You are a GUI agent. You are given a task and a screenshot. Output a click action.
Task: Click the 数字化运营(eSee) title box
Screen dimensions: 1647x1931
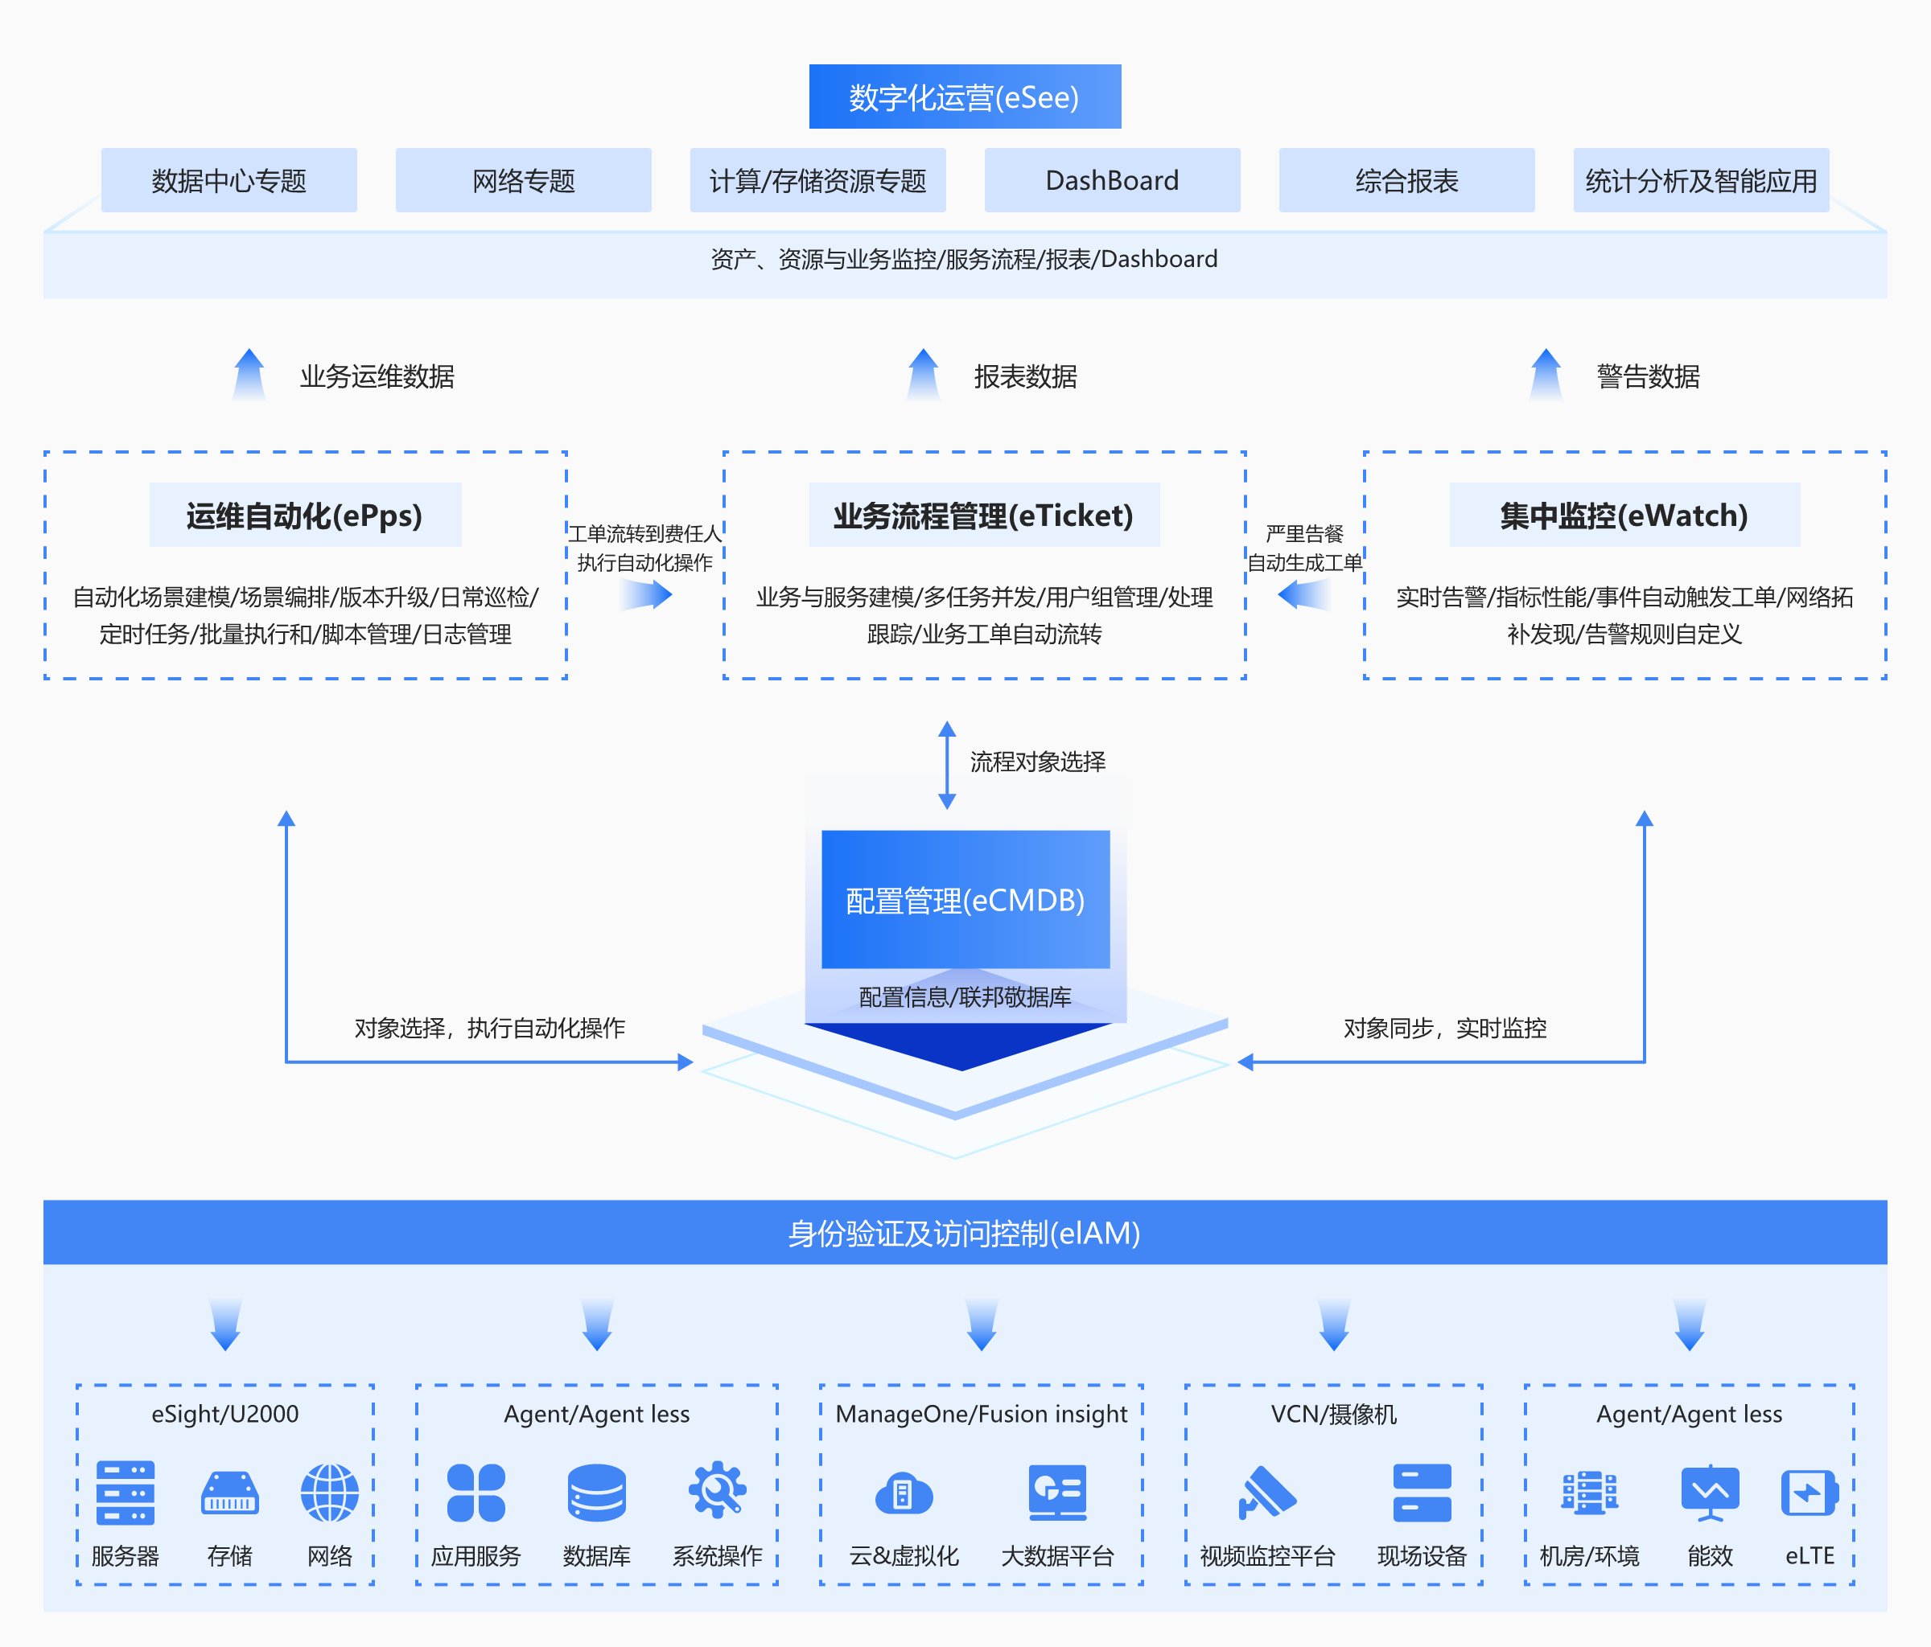click(x=965, y=97)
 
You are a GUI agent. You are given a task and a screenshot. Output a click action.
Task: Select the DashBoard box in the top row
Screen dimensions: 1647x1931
click(x=1112, y=180)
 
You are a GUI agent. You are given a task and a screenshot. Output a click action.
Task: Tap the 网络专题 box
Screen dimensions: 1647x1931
click(x=523, y=180)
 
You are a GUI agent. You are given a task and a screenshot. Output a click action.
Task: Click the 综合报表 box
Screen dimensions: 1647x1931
click(x=1406, y=180)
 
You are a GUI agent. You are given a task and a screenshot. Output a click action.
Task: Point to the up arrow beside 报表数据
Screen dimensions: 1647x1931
click(x=923, y=375)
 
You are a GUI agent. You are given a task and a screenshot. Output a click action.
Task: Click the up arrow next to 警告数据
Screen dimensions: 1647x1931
click(x=1545, y=375)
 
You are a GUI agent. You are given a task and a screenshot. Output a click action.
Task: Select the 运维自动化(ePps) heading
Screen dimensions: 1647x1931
click(x=305, y=515)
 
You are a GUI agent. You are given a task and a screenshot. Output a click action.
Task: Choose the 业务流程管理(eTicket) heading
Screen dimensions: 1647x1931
click(x=983, y=515)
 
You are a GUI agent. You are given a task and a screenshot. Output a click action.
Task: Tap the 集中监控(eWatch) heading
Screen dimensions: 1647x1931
click(x=1624, y=515)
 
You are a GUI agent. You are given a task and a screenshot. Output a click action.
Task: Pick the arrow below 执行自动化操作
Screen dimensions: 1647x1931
click(x=646, y=594)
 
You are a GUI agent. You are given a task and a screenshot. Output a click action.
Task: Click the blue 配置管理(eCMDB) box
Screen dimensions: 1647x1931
click(x=965, y=899)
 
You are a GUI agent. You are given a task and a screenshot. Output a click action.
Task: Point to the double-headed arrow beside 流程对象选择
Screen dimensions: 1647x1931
click(x=947, y=765)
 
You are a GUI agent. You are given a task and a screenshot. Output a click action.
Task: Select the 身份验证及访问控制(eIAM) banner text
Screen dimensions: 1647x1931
click(x=965, y=1233)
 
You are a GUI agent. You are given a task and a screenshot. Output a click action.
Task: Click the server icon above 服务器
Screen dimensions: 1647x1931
click(x=125, y=1493)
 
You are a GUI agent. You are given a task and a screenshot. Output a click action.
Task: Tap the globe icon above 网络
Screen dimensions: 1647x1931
click(x=329, y=1493)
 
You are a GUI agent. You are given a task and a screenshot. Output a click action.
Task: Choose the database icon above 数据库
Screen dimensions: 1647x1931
click(x=596, y=1493)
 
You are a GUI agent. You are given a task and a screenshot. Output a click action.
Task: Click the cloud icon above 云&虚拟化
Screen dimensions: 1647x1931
click(x=903, y=1494)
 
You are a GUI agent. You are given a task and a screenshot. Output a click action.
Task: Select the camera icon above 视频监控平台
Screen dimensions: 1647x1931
click(x=1266, y=1493)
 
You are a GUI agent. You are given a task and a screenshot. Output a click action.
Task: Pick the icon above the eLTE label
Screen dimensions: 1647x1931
click(x=1809, y=1493)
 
